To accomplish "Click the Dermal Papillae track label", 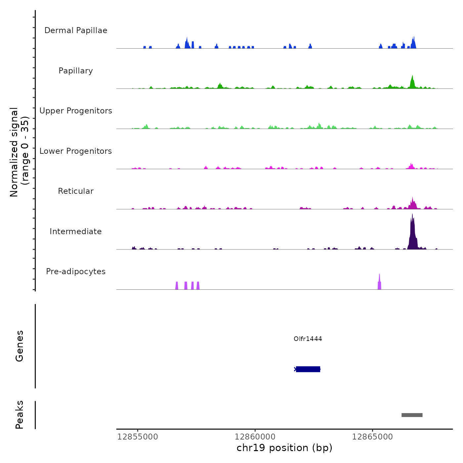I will click(x=76, y=30).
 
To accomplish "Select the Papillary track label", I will click(x=76, y=71).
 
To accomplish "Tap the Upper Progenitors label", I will click(x=76, y=111).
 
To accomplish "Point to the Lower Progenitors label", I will click(x=76, y=151).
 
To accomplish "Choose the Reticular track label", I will click(x=76, y=191).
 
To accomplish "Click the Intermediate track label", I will click(x=76, y=232).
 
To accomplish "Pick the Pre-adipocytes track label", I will click(x=76, y=272).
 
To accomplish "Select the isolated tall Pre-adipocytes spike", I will click(x=379, y=283).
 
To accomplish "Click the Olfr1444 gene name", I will click(x=308, y=339).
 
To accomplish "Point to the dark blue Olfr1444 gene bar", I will click(x=308, y=369).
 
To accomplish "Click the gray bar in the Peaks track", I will click(x=412, y=415).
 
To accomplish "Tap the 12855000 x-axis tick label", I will click(x=138, y=437).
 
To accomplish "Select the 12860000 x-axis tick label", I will click(x=255, y=437).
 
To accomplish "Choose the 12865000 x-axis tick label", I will click(x=372, y=437).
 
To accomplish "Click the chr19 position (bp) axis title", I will click(x=284, y=448).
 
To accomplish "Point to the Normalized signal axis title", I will click(x=19, y=152).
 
